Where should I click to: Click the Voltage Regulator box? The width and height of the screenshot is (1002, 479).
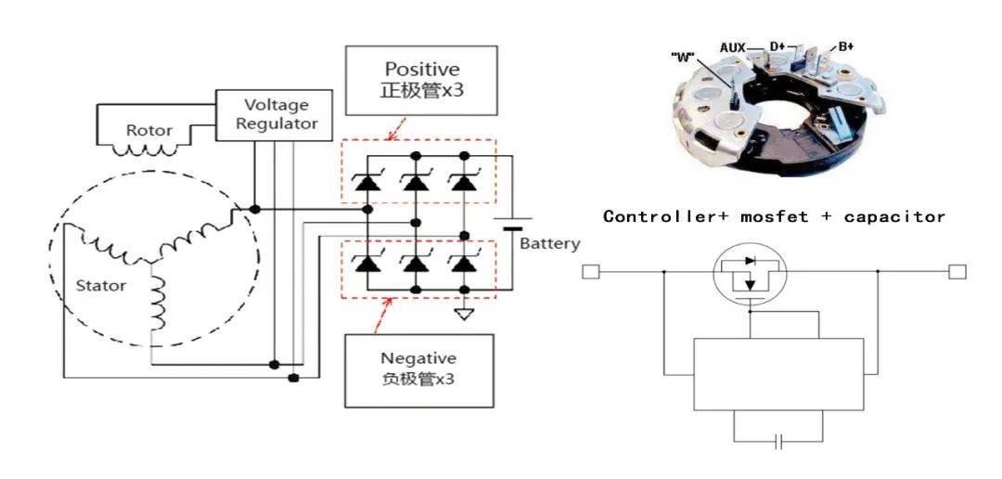click(276, 115)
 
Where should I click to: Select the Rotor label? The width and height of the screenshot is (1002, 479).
click(149, 131)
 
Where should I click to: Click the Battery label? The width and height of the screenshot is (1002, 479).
click(549, 244)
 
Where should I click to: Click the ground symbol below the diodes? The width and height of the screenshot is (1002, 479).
click(464, 314)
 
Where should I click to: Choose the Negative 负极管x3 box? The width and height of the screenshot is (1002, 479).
click(418, 369)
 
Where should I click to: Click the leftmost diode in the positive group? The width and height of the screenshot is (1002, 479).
click(367, 182)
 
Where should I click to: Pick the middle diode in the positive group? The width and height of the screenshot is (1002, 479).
click(417, 182)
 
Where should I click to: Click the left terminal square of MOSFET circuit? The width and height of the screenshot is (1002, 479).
click(591, 272)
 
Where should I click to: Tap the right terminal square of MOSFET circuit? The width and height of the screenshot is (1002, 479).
click(957, 272)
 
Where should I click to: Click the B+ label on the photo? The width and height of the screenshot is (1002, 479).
click(845, 45)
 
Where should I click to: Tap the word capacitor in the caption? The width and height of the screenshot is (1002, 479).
click(894, 216)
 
